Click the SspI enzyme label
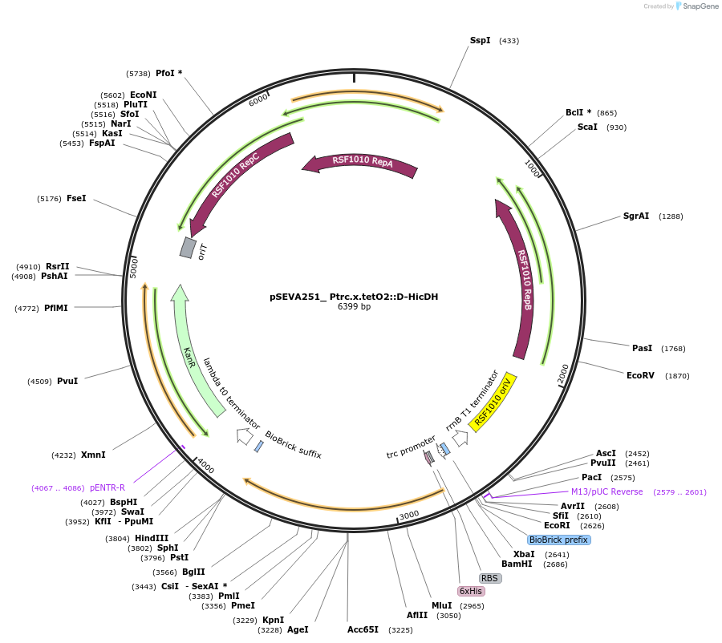[x=480, y=40]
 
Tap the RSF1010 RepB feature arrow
[x=522, y=281]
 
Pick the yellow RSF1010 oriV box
[x=492, y=402]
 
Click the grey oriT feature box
[x=188, y=248]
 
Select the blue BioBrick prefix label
[x=558, y=540]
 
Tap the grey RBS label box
[x=490, y=577]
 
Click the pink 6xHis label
[x=471, y=591]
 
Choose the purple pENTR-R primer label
[x=107, y=487]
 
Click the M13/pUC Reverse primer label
[x=606, y=491]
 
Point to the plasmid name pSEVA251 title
[x=354, y=297]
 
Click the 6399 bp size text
[x=354, y=307]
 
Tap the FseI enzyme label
[x=76, y=198]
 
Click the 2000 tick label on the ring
[x=562, y=373]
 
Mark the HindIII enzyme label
[x=152, y=538]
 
